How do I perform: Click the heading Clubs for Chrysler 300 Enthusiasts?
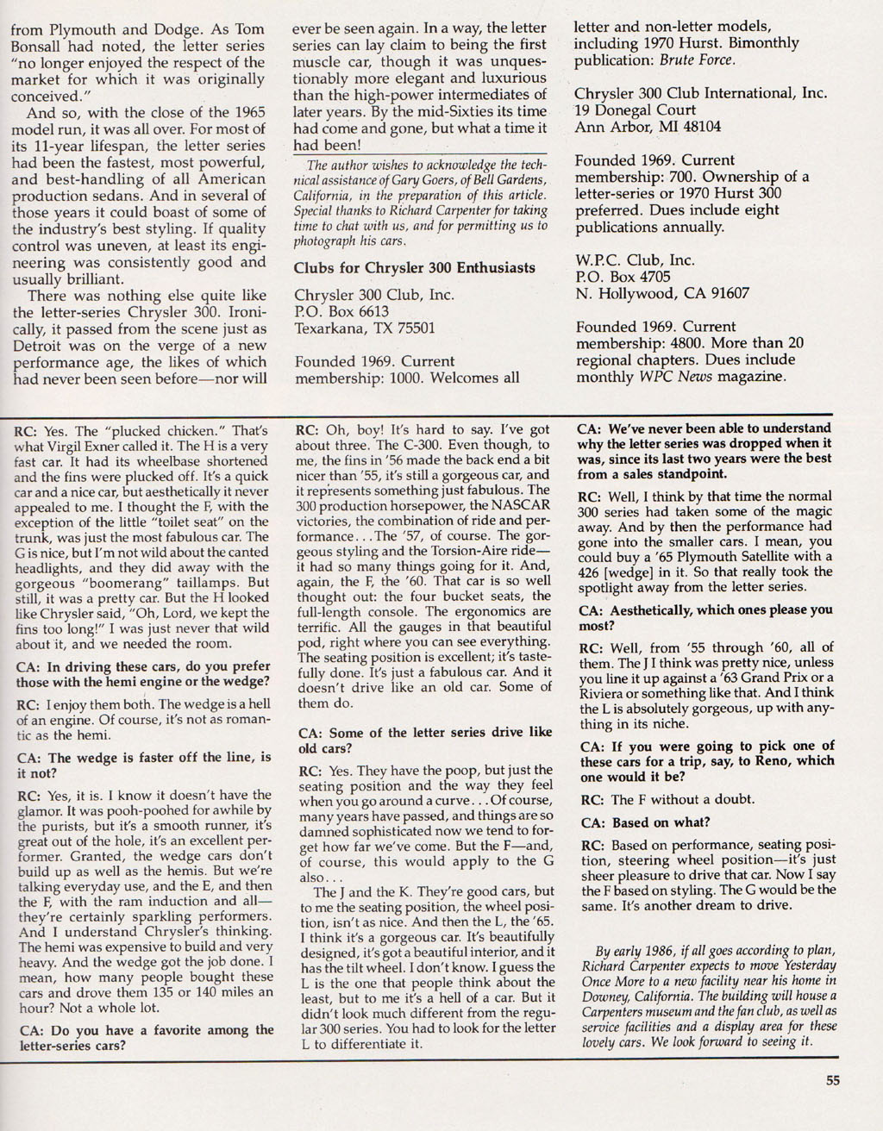415,268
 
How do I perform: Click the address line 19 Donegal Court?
635,110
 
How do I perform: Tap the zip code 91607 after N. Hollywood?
724,293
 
